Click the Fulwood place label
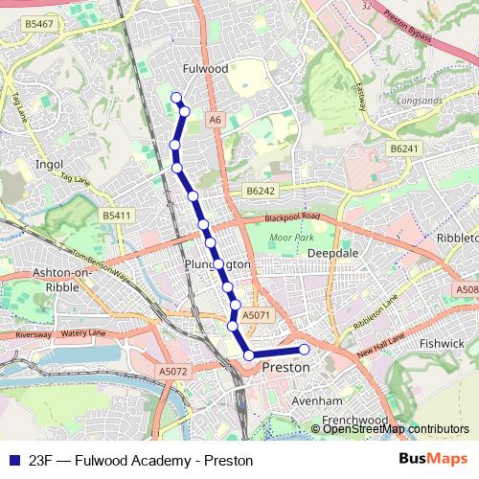click(205, 69)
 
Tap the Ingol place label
click(48, 164)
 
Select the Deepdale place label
click(331, 253)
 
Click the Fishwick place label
click(442, 342)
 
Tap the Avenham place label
click(317, 399)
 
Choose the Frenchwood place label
click(354, 421)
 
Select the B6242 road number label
click(260, 192)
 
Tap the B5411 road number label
click(117, 217)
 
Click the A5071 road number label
click(256, 314)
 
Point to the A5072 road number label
click(174, 371)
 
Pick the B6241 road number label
click(405, 148)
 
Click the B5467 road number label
click(39, 22)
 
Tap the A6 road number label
click(215, 119)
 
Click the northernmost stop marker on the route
click(175, 96)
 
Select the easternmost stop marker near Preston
click(305, 349)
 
